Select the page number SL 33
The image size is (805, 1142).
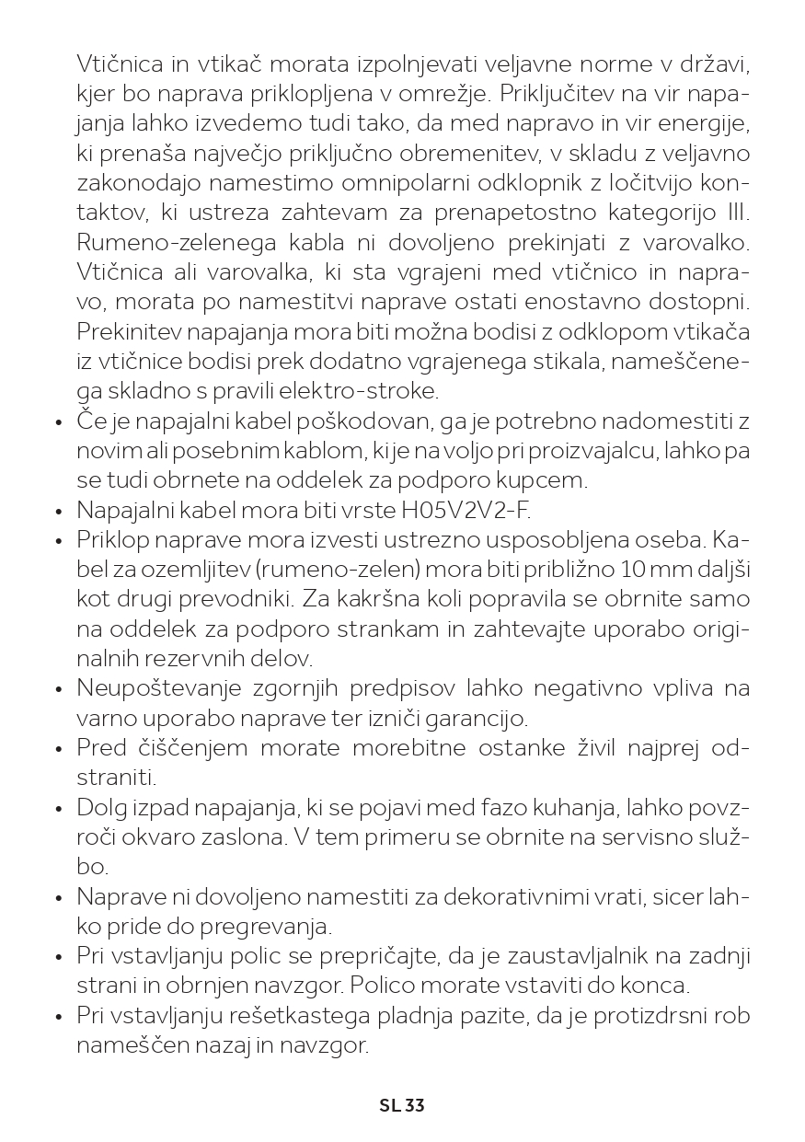click(402, 1105)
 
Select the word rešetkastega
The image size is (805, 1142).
click(290, 1016)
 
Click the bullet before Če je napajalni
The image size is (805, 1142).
click(58, 422)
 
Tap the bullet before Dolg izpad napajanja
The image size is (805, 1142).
click(58, 809)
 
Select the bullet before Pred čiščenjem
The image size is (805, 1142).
click(58, 749)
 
